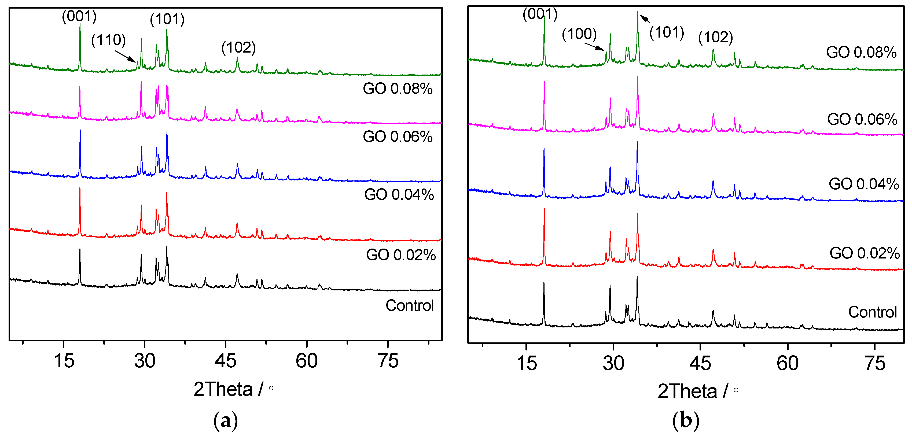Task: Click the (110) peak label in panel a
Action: [x=108, y=40]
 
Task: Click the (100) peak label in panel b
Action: [x=579, y=34]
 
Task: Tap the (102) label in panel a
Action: [x=238, y=47]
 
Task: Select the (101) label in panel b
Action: [x=667, y=32]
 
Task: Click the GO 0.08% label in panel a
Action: [x=397, y=88]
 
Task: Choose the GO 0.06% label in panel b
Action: [x=862, y=119]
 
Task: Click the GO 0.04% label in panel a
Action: [x=399, y=195]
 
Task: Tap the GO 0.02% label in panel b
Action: [x=864, y=253]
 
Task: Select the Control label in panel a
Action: [x=409, y=305]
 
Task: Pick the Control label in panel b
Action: [x=872, y=312]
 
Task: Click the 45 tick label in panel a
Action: [x=226, y=361]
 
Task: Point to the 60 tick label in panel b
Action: [x=787, y=363]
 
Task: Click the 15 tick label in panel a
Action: [x=64, y=361]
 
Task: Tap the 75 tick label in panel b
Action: [x=875, y=363]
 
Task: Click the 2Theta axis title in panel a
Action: [x=233, y=389]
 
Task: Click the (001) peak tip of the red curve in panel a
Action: [x=80, y=189]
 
